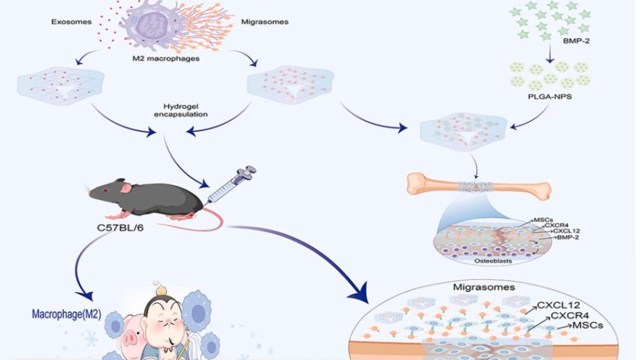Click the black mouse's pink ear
click(127, 187)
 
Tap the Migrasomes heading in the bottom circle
click(483, 287)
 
